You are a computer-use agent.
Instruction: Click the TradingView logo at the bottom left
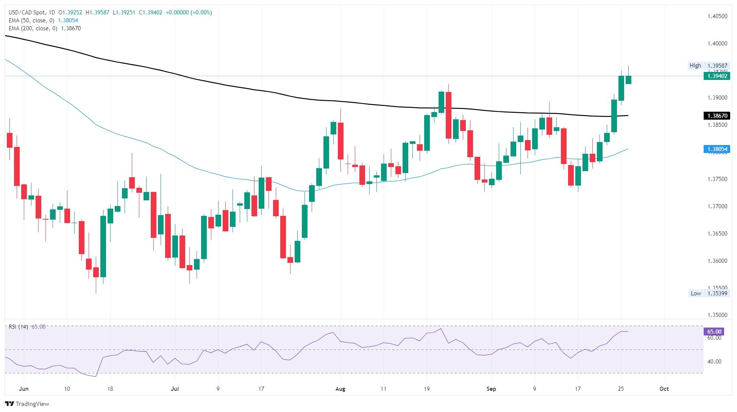point(27,404)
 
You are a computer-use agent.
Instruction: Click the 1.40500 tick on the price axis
point(717,16)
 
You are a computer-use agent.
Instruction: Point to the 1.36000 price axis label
point(717,261)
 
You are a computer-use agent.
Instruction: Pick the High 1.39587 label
point(707,66)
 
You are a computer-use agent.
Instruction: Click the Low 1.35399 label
point(707,293)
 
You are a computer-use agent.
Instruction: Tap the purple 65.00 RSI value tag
point(714,332)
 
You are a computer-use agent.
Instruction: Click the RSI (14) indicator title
point(18,327)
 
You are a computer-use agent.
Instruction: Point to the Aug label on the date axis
point(340,389)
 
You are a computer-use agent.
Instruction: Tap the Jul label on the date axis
point(175,389)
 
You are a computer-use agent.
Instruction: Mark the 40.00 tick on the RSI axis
point(714,362)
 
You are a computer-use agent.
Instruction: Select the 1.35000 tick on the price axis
point(717,315)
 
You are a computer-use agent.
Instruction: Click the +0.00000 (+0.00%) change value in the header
point(189,12)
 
